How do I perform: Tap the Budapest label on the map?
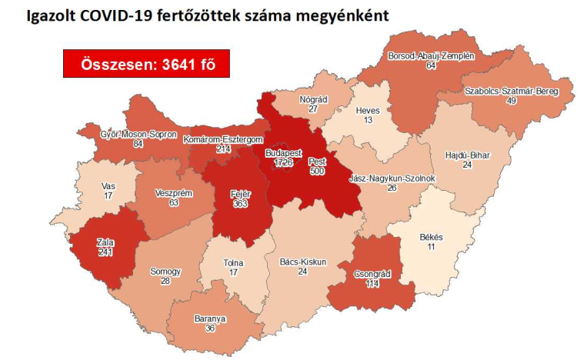coord(282,154)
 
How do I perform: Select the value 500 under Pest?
coord(317,172)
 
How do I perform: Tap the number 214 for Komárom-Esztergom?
coord(223,149)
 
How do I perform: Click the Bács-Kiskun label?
coord(302,262)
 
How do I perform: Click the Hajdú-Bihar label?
coord(468,155)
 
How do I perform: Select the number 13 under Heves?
coord(368,120)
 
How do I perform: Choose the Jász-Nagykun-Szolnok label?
coord(392,178)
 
